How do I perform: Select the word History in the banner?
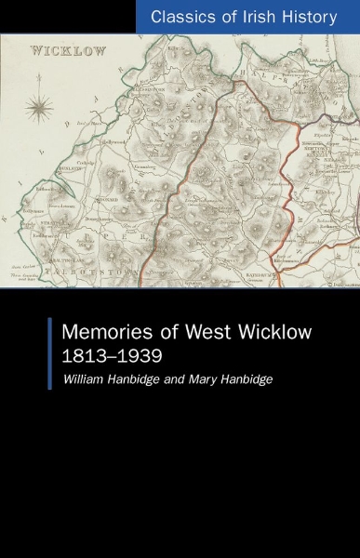click(x=310, y=17)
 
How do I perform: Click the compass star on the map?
click(x=39, y=109)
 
